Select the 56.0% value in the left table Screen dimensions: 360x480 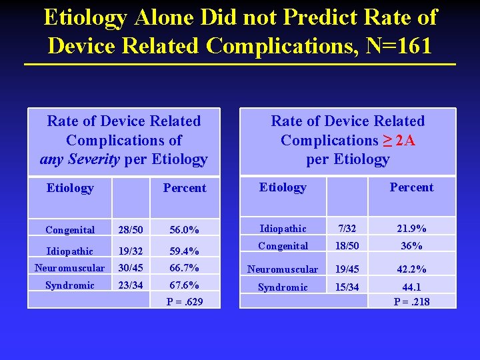click(x=184, y=230)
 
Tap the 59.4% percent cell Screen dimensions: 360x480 click(x=184, y=252)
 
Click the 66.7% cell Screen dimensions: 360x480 click(x=184, y=268)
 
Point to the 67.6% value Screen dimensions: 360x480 click(x=184, y=285)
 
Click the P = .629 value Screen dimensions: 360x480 click(x=184, y=302)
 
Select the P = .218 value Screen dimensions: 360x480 click(x=411, y=302)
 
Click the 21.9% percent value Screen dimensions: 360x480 click(x=411, y=229)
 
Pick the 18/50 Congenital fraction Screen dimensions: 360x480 click(x=347, y=246)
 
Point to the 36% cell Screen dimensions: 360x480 click(x=411, y=246)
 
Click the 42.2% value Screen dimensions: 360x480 click(x=411, y=269)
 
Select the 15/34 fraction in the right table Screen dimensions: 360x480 click(x=347, y=287)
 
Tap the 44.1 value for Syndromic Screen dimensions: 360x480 click(x=411, y=287)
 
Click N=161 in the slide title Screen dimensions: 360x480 click(x=397, y=45)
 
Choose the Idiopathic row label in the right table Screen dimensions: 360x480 click(x=283, y=229)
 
